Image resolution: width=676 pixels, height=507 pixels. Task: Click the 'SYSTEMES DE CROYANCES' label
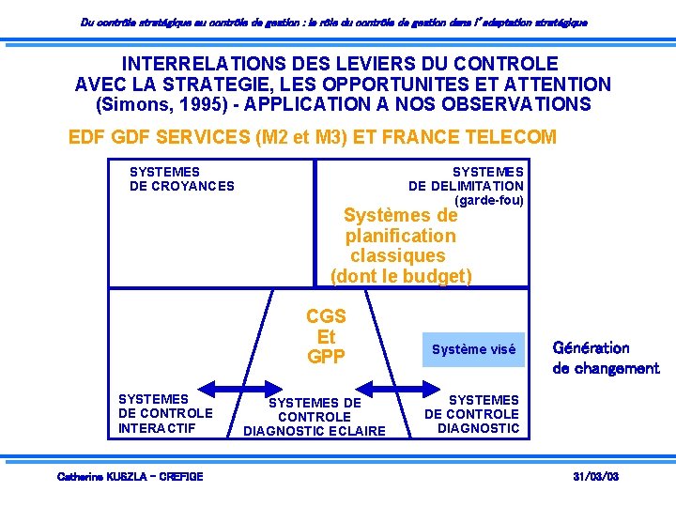click(x=181, y=178)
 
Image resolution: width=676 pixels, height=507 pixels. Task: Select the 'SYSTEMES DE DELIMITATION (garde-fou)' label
click(x=466, y=186)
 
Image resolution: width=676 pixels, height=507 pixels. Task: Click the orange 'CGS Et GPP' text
click(x=326, y=336)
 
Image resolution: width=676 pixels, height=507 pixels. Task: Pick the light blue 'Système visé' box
click(x=473, y=349)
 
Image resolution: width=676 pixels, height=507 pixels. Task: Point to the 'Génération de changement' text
click(x=606, y=358)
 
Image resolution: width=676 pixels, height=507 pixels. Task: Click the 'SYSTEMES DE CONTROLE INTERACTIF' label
click(x=165, y=414)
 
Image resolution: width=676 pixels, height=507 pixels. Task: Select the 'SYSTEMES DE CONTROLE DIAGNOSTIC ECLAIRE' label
click(x=315, y=417)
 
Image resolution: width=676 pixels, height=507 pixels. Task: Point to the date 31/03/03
click(x=595, y=477)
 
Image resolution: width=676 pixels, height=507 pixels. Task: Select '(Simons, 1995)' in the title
click(x=162, y=104)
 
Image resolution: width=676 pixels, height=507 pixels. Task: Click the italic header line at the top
click(x=333, y=21)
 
